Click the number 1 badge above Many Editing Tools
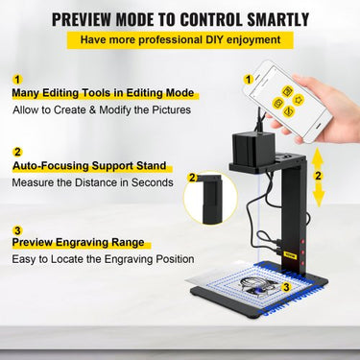(17, 80)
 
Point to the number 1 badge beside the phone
(249, 80)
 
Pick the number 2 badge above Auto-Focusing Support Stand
(17, 152)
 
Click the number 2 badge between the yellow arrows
(318, 176)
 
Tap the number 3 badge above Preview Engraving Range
(17, 230)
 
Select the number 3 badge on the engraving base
(286, 287)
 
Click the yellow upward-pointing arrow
(317, 157)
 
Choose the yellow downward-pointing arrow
(318, 195)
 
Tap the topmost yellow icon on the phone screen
(287, 91)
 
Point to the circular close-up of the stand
(210, 199)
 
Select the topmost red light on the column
(301, 241)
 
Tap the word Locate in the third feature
(68, 258)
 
